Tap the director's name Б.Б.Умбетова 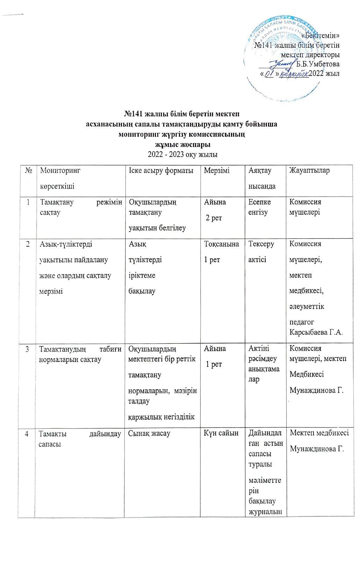click(x=318, y=64)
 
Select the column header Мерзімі click(x=217, y=170)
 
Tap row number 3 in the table click(x=27, y=349)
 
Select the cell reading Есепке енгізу click(x=259, y=207)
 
